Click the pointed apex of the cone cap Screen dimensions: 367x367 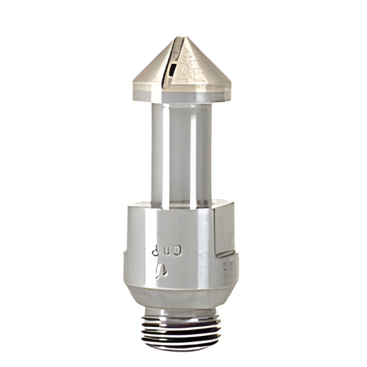[x=180, y=38]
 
